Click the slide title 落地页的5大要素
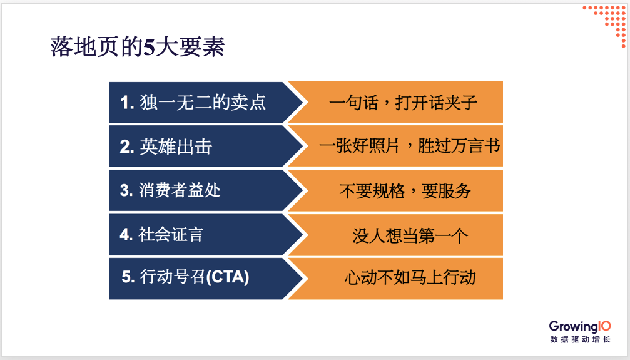pyautogui.click(x=138, y=47)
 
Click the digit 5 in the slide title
pyautogui.click(x=149, y=48)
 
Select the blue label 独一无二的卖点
pyautogui.click(x=203, y=102)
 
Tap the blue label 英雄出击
pyautogui.click(x=176, y=147)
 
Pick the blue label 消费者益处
pyautogui.click(x=180, y=190)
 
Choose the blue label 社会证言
pyautogui.click(x=171, y=234)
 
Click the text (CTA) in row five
pyautogui.click(x=227, y=277)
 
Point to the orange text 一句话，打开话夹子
pyautogui.click(x=403, y=103)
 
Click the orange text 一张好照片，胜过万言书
pyautogui.click(x=410, y=146)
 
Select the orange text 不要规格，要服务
pyautogui.click(x=405, y=191)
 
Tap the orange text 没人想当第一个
pyautogui.click(x=410, y=235)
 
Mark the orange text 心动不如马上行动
pyautogui.click(x=410, y=278)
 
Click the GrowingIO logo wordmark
pyautogui.click(x=580, y=326)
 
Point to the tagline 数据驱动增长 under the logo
pyautogui.click(x=580, y=339)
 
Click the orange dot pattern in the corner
pyautogui.click(x=606, y=25)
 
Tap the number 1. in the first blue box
pyautogui.click(x=127, y=103)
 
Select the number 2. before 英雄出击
pyautogui.click(x=127, y=147)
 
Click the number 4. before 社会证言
pyautogui.click(x=126, y=235)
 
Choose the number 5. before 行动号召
pyautogui.click(x=129, y=277)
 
